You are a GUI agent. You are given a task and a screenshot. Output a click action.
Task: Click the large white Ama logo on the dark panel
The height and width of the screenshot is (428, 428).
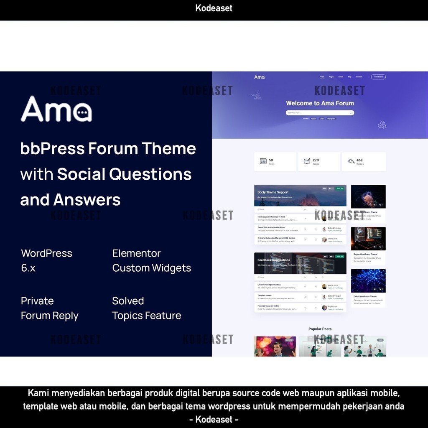pyautogui.click(x=56, y=110)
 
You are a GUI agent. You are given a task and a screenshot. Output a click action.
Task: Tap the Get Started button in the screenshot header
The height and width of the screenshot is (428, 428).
pyautogui.click(x=378, y=77)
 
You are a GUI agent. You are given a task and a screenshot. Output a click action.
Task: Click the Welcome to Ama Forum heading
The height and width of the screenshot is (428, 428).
pyautogui.click(x=320, y=103)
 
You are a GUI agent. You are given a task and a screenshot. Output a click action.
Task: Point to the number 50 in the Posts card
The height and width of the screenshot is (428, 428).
pyautogui.click(x=271, y=160)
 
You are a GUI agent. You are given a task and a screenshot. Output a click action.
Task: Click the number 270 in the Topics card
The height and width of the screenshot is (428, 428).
pyautogui.click(x=316, y=160)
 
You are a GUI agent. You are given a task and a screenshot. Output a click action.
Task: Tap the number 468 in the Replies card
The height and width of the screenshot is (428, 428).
pyautogui.click(x=359, y=160)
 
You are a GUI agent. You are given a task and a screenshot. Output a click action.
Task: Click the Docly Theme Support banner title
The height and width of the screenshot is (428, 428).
pyautogui.click(x=273, y=192)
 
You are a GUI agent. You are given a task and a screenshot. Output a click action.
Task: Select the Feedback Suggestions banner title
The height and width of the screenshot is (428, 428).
pyautogui.click(x=274, y=260)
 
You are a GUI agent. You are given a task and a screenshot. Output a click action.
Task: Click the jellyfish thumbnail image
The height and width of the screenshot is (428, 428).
pyautogui.click(x=368, y=196)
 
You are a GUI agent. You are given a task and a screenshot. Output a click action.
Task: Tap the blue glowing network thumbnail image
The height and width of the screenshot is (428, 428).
pyautogui.click(x=368, y=280)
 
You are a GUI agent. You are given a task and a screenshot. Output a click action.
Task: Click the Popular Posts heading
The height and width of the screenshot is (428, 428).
pyautogui.click(x=320, y=329)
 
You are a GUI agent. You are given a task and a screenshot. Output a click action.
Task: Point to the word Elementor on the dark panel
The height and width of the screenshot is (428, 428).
pyautogui.click(x=136, y=253)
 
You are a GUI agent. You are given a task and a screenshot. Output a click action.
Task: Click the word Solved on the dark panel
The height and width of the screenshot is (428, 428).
pyautogui.click(x=128, y=301)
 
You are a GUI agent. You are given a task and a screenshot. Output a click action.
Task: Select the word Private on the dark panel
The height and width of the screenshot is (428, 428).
pyautogui.click(x=37, y=301)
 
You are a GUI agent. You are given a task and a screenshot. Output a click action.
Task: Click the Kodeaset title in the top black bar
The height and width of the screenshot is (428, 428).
pyautogui.click(x=214, y=8)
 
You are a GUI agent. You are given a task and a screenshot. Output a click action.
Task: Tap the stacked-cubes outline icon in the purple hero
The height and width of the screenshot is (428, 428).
pyautogui.click(x=382, y=125)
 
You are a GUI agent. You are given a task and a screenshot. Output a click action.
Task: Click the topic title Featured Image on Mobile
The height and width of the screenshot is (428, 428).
pyautogui.click(x=269, y=306)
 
